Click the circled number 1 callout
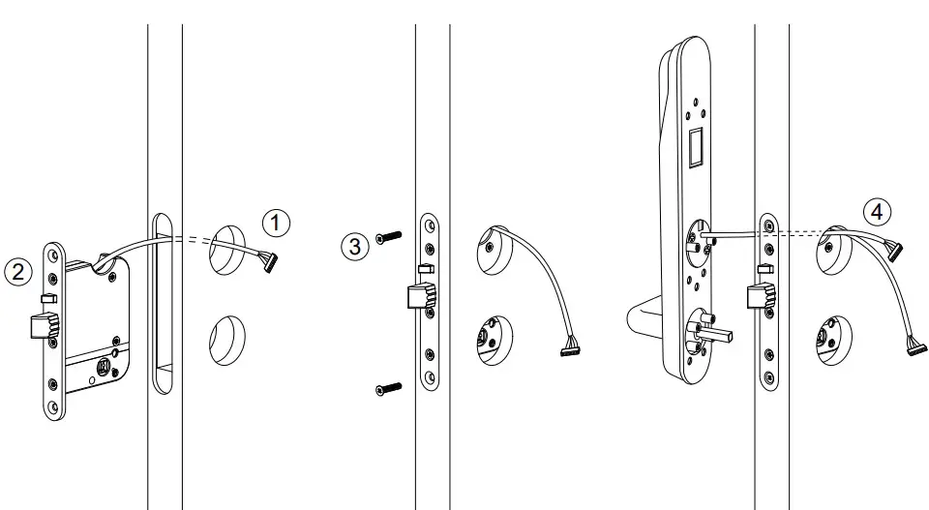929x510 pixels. coord(277,224)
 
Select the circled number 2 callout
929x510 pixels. coord(17,271)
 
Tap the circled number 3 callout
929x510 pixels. coord(355,246)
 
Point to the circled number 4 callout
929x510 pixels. coord(876,210)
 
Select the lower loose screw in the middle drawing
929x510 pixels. coord(386,388)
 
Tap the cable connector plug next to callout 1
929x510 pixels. coord(270,260)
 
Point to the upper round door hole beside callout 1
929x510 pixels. coord(228,246)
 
